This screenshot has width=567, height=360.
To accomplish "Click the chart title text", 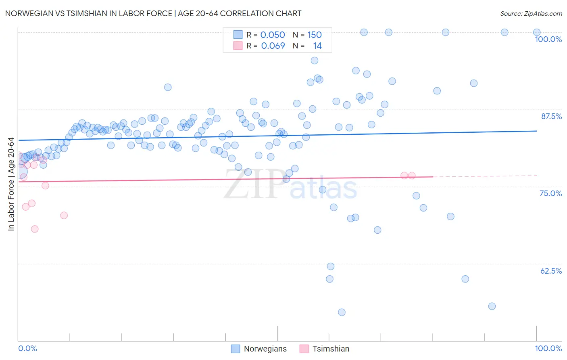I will tap(153, 13).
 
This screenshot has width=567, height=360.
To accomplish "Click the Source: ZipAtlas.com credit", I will tap(531, 13).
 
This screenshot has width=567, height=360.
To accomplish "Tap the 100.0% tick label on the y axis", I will tap(548, 39).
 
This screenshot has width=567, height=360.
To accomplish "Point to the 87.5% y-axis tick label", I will tap(551, 116).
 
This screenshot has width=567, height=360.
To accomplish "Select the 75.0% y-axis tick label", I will tap(550, 193).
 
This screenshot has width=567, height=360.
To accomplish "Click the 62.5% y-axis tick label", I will tap(551, 271).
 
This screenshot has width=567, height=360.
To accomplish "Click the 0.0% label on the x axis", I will tap(27, 348).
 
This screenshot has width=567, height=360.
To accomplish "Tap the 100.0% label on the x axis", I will tap(548, 348).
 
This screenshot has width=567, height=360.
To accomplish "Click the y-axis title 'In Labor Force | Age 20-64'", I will tap(11, 184).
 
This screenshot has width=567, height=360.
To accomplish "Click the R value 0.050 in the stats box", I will tap(273, 35).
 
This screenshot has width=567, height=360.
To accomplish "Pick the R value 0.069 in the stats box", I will tap(273, 46).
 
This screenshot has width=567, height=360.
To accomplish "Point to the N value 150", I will tap(315, 35).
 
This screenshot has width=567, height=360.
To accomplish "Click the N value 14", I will tap(317, 46).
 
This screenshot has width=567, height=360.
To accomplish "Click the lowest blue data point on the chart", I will tap(342, 312).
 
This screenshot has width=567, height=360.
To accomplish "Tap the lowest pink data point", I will tap(35, 229).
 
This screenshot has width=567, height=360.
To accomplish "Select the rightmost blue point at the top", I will tap(537, 32).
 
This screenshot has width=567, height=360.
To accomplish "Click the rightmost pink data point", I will tap(412, 175).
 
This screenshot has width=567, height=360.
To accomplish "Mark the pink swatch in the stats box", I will tap(238, 46).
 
